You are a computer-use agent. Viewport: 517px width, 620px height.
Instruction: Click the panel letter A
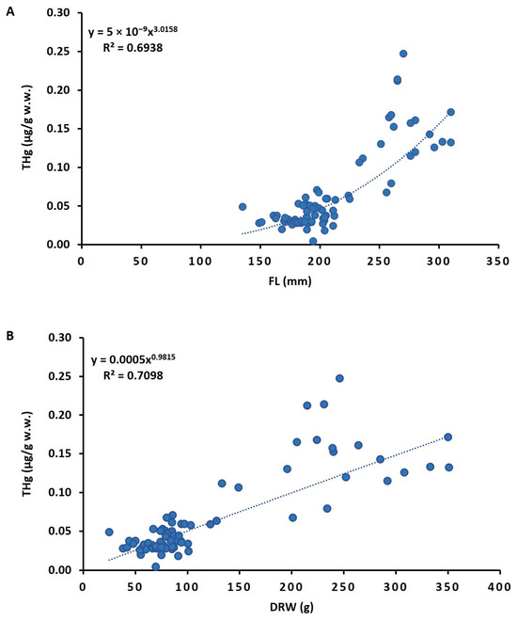[x=10, y=12]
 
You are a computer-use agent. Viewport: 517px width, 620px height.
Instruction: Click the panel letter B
[x=10, y=336]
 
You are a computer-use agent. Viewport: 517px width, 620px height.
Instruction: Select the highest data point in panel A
[x=403, y=54]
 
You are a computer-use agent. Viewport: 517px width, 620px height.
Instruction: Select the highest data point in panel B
[x=339, y=378]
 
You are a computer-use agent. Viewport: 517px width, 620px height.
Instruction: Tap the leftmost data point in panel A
[x=243, y=207]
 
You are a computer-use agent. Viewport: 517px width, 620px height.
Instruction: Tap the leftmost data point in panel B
[x=109, y=533]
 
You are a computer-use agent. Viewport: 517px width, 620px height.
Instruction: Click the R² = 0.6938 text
[x=133, y=48]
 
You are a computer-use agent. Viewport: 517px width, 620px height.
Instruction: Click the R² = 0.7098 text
[x=133, y=375]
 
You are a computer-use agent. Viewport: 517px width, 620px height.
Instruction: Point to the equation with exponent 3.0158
[x=133, y=31]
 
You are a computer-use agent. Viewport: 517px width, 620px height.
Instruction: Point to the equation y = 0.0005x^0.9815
[x=133, y=359]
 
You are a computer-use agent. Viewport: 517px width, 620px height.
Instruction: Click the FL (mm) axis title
[x=290, y=281]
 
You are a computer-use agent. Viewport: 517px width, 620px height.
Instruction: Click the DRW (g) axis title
[x=291, y=607]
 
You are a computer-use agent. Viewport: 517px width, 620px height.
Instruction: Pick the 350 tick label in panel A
[x=498, y=262]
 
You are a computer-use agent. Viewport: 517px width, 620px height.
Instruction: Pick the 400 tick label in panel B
[x=500, y=587]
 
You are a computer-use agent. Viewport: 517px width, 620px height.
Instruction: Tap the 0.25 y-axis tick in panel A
[x=58, y=52]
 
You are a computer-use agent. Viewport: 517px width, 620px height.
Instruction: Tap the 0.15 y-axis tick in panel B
[x=59, y=453]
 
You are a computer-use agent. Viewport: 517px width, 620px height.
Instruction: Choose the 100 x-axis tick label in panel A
[x=200, y=262]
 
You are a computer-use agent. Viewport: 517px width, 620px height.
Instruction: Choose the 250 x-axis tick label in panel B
[x=343, y=587]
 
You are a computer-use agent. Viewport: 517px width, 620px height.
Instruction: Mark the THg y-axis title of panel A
[x=27, y=128]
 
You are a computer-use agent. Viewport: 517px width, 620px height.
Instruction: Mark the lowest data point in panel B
[x=156, y=566]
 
